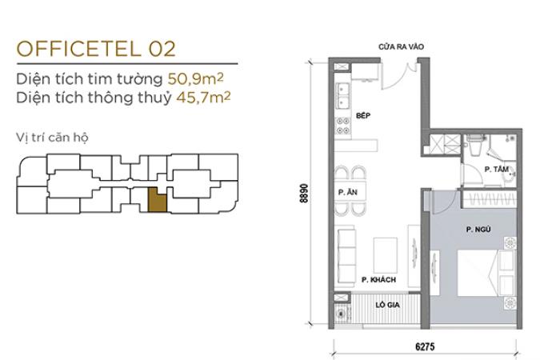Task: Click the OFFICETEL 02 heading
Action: pyautogui.click(x=96, y=49)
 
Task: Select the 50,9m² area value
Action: pyautogui.click(x=196, y=79)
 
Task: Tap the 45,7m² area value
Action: pyautogui.click(x=203, y=98)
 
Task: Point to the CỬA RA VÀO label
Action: pyautogui.click(x=401, y=47)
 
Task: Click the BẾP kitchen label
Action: pyautogui.click(x=363, y=115)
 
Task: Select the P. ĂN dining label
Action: pyautogui.click(x=347, y=192)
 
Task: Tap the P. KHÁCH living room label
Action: pyautogui.click(x=378, y=280)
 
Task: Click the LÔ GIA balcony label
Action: pyautogui.click(x=387, y=305)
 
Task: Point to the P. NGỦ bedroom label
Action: pyautogui.click(x=478, y=229)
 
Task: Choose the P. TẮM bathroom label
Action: pyautogui.click(x=496, y=169)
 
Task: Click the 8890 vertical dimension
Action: pyautogui.click(x=304, y=194)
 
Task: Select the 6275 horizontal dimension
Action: pyautogui.click(x=425, y=346)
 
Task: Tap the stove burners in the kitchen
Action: pyautogui.click(x=343, y=126)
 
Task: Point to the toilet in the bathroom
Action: pyautogui.click(x=475, y=146)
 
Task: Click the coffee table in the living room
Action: pyautogui.click(x=386, y=255)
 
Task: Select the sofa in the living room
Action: pyautogui.click(x=346, y=256)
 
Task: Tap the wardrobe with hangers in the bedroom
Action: pyautogui.click(x=489, y=199)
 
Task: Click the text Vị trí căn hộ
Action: pyautogui.click(x=52, y=137)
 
